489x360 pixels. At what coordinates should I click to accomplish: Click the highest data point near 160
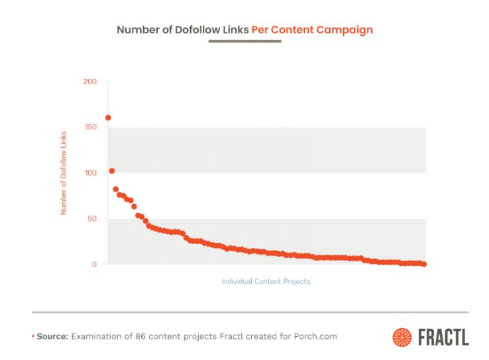[108, 118]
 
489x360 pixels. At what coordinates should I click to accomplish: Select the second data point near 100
[112, 171]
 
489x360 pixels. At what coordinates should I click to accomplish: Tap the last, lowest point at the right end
[424, 264]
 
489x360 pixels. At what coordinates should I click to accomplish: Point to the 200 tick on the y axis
[90, 82]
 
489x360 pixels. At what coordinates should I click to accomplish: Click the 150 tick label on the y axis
[90, 127]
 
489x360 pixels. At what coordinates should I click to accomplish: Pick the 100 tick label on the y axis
[90, 173]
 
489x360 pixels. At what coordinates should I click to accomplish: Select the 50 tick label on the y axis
[92, 219]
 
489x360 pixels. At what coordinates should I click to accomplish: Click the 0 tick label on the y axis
[94, 265]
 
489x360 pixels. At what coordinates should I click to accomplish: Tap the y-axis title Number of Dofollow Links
[64, 172]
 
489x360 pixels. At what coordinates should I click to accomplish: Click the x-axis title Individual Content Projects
[266, 281]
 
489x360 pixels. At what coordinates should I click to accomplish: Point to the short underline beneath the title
[244, 42]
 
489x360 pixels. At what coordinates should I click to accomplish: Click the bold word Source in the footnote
[52, 336]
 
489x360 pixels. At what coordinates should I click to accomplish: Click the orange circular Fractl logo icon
[402, 337]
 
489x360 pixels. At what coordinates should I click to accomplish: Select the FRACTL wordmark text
[443, 337]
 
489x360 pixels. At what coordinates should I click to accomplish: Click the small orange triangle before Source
[33, 336]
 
